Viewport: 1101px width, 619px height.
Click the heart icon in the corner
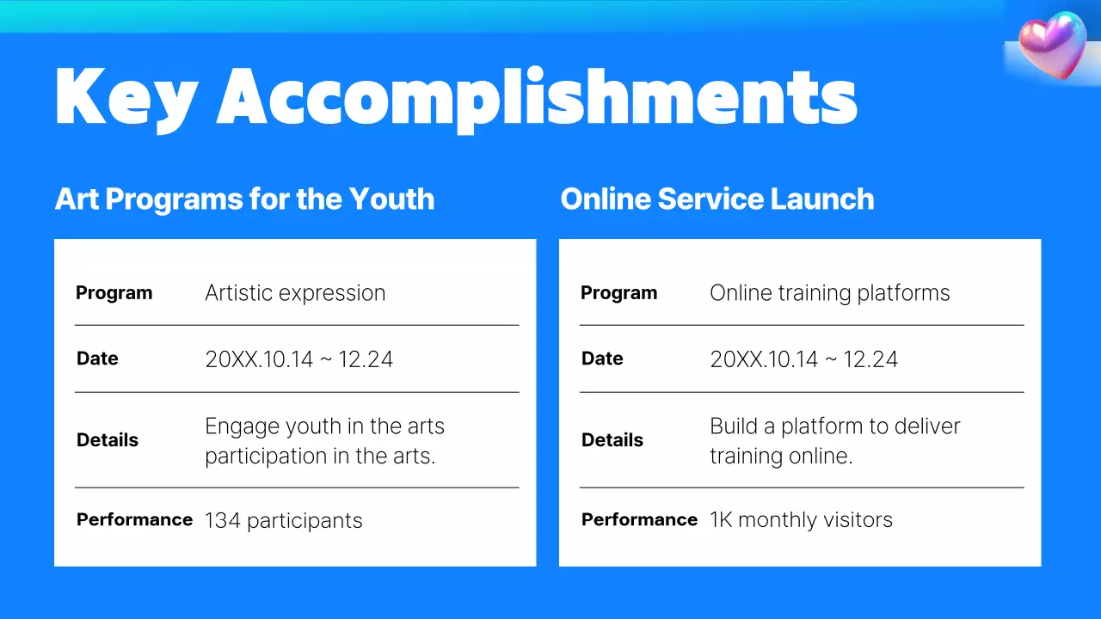1052,44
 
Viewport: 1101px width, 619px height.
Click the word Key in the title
126,96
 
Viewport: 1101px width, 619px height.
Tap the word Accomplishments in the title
537,98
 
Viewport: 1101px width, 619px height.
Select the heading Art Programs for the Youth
244,199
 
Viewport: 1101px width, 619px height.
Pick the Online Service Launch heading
717,199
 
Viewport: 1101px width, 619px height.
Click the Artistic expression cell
295,293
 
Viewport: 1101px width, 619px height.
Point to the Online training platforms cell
829,293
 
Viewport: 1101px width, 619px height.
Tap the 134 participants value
283,521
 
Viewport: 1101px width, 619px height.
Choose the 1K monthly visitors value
801,520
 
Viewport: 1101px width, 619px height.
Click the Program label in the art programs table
114,293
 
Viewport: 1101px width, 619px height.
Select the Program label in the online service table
618,293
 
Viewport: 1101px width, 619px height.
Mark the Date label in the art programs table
97,359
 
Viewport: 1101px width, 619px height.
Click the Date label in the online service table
602,359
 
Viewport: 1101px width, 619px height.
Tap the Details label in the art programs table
108,440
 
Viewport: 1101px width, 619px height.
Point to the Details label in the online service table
612,440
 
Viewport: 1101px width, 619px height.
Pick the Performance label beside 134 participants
134,520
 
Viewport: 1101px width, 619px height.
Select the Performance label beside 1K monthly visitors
639,520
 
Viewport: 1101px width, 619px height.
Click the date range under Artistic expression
298,359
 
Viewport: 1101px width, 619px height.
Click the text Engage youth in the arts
324,426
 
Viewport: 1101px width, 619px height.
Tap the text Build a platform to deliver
834,426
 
